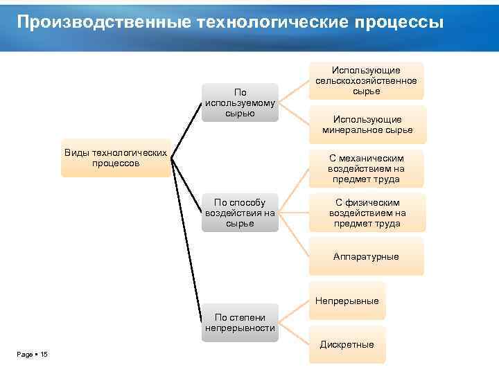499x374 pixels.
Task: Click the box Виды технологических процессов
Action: (x=116, y=157)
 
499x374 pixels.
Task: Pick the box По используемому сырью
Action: (x=240, y=103)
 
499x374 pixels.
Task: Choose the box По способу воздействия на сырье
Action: (x=240, y=213)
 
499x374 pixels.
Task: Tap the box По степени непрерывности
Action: (x=240, y=323)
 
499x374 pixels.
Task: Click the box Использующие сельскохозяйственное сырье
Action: (x=366, y=81)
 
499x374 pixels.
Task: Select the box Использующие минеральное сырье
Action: (x=367, y=125)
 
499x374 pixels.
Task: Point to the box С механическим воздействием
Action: (x=367, y=168)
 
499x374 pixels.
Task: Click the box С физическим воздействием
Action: (x=367, y=213)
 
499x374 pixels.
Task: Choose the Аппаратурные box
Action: (x=366, y=256)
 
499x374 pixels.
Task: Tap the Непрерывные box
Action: (x=347, y=301)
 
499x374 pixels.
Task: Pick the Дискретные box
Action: (x=347, y=344)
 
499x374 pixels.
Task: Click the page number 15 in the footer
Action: (x=44, y=355)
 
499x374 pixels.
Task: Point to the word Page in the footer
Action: (x=25, y=355)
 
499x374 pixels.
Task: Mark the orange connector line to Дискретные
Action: (x=294, y=335)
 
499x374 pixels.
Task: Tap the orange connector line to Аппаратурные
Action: (x=294, y=235)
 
